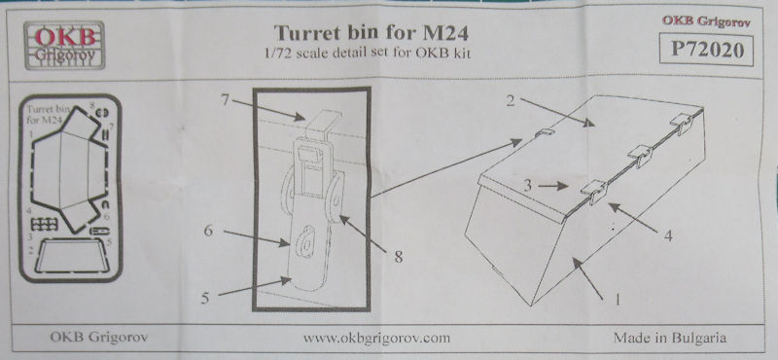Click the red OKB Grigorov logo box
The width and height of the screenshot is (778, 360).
point(64,45)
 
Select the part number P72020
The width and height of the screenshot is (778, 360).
point(707,50)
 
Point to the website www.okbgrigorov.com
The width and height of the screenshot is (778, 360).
point(376,339)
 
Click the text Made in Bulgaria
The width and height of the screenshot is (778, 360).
point(670,339)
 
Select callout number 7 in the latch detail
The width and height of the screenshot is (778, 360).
point(226,100)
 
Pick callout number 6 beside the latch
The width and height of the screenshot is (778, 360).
point(209,231)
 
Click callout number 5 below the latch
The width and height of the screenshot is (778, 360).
point(206,298)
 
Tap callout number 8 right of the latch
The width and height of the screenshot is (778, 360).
point(398,256)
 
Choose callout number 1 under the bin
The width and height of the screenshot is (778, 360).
point(618,300)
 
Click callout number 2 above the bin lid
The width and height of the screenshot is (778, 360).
point(512,101)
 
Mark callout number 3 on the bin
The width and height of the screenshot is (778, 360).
point(527,186)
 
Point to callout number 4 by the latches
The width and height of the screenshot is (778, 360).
point(669,234)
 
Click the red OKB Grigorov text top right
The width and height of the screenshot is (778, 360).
point(706,21)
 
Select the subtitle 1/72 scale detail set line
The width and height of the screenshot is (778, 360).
point(369,54)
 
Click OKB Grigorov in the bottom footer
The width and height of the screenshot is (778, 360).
point(99,338)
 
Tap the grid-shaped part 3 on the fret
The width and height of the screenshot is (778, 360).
point(45,224)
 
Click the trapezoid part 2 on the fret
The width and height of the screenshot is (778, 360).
point(72,255)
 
